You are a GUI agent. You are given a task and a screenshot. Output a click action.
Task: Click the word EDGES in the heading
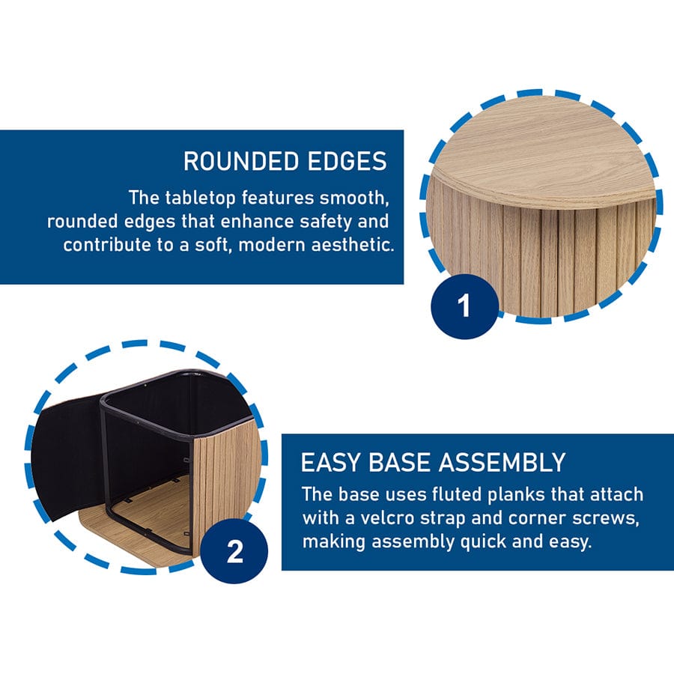(x=347, y=161)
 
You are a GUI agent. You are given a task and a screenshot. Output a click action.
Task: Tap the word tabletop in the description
(x=200, y=198)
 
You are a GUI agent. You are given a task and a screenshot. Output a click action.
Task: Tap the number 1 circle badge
(x=464, y=306)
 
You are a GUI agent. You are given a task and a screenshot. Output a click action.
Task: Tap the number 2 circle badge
(x=234, y=551)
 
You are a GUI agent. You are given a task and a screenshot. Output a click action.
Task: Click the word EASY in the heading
(x=330, y=463)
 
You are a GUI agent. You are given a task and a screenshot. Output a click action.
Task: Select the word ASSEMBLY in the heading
(x=502, y=463)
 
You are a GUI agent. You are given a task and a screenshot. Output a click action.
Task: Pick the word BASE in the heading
(x=399, y=463)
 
